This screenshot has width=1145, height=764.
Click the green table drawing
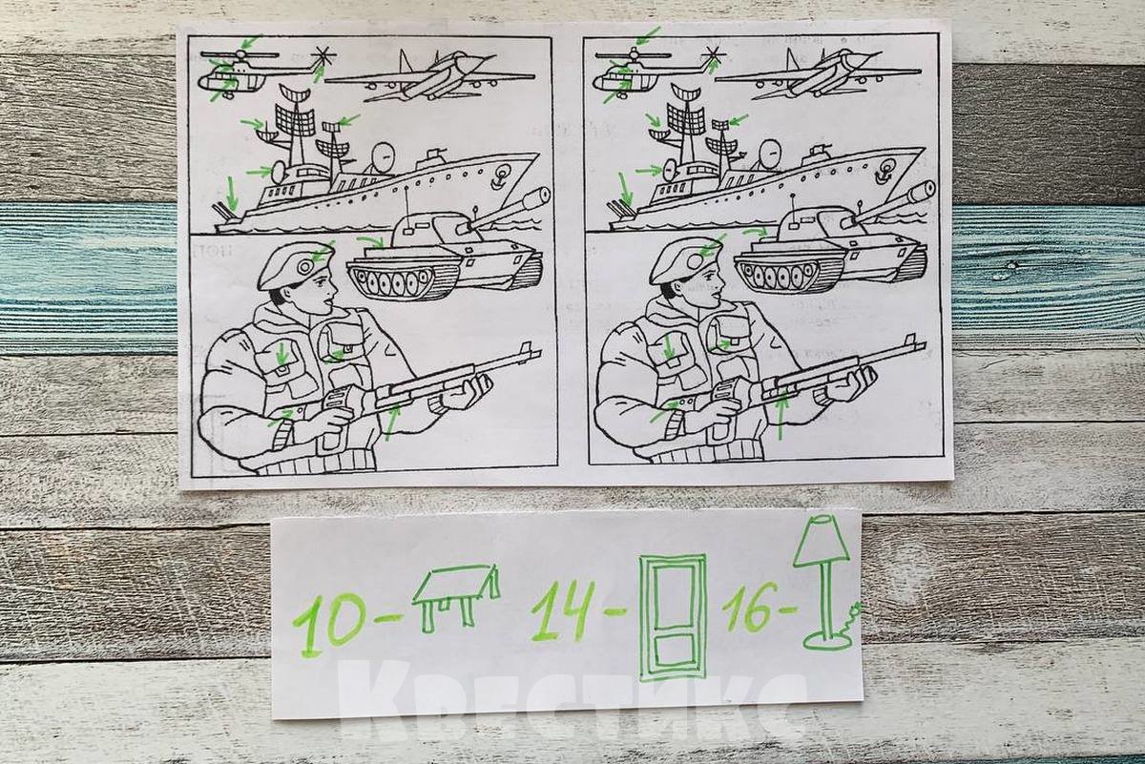pyautogui.click(x=455, y=595)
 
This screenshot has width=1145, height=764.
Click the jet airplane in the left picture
pyautogui.click(x=429, y=76)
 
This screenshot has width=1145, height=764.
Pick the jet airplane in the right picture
pyautogui.click(x=821, y=75)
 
